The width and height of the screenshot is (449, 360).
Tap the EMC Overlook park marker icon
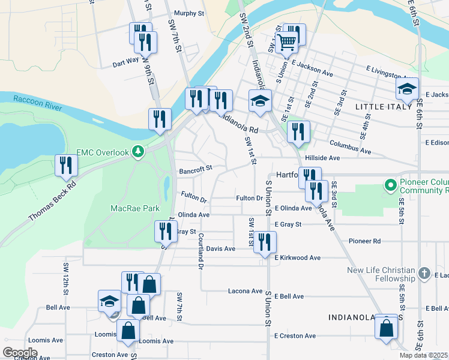139,152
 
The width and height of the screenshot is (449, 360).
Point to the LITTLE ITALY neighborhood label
382,106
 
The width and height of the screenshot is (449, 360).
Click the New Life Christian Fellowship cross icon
424,274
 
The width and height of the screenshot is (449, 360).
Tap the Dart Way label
125,60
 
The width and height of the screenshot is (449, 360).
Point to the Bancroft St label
196,170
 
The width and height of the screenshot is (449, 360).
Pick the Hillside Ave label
322,157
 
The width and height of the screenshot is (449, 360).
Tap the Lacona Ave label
245,291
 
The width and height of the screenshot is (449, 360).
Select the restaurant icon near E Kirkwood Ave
265,242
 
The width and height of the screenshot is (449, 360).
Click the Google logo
20,353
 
